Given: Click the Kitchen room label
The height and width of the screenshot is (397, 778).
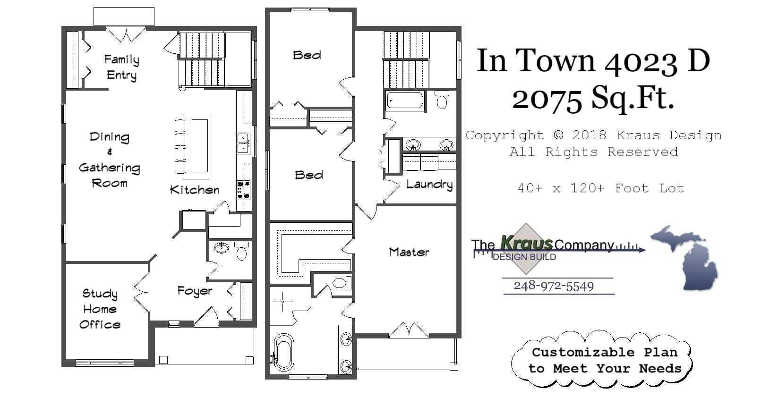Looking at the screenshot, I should [195, 190].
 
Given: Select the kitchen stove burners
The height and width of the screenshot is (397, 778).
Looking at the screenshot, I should [243, 190].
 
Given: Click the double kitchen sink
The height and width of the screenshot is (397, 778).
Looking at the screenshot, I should [243, 143].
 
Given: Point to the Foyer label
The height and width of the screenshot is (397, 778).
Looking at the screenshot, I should [195, 291].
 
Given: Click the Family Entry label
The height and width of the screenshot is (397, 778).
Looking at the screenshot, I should [121, 67].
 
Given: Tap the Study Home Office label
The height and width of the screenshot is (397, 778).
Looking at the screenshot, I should [100, 309].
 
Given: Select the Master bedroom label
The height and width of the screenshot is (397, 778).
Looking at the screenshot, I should [409, 252].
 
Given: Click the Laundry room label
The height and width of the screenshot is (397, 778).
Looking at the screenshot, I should [429, 184].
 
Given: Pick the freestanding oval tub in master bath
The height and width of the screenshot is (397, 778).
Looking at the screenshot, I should [284, 352].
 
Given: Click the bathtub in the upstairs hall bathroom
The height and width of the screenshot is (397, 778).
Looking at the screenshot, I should [405, 101].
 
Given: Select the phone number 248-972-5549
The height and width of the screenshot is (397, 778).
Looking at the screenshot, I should [554, 286].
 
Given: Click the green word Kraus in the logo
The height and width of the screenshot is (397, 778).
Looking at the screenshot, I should [526, 243].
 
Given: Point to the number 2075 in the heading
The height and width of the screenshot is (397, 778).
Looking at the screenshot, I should [547, 99].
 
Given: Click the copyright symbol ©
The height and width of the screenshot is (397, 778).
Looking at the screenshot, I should [558, 135].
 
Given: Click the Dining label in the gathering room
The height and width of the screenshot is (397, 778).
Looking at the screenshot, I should [109, 137].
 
